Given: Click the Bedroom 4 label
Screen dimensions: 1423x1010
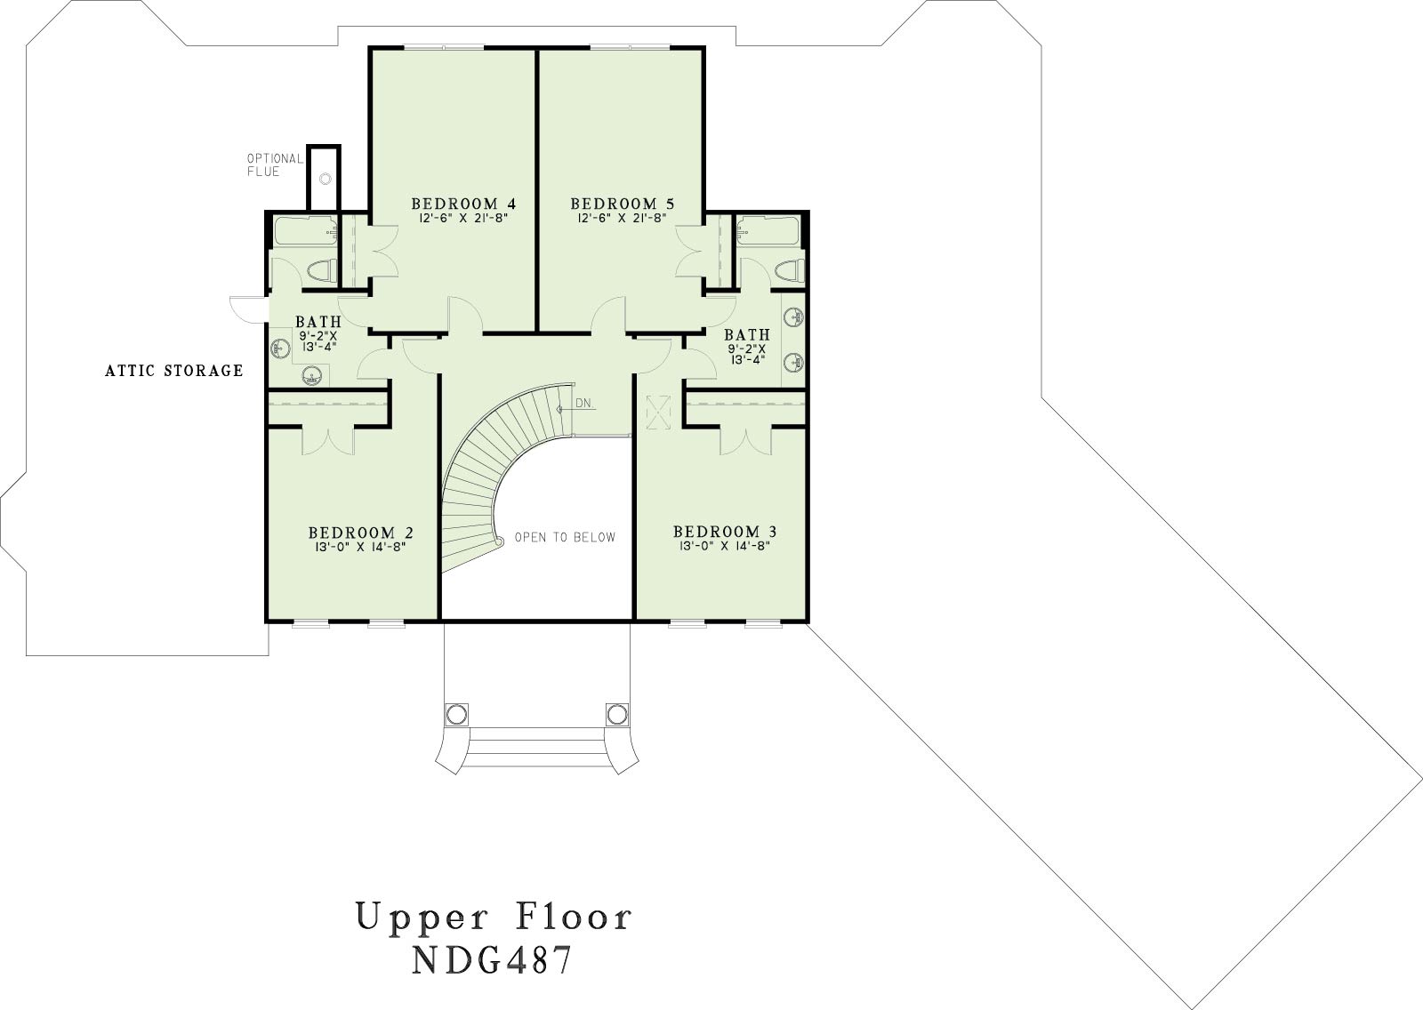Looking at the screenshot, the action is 463,204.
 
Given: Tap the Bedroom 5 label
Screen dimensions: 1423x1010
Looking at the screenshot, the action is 622,204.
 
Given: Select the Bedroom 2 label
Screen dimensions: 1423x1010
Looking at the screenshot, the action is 361,533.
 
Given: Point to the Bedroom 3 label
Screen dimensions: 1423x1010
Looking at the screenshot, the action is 725,531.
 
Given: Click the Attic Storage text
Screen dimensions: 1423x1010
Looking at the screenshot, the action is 174,371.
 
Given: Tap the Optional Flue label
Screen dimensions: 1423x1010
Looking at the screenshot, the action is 275,164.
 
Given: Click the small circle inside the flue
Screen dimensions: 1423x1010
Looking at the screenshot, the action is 326,179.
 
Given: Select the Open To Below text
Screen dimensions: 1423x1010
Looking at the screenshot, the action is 565,537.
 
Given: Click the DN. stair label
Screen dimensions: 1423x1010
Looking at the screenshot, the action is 584,404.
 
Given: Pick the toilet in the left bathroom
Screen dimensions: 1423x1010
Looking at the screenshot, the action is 321,270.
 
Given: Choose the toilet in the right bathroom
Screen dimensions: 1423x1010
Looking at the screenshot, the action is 789,271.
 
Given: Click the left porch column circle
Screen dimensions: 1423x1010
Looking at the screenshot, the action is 456,715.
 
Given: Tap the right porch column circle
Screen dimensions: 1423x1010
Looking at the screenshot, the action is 616,715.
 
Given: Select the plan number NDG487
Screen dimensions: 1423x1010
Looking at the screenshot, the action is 493,959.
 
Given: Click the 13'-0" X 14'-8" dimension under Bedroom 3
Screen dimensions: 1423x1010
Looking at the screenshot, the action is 725,546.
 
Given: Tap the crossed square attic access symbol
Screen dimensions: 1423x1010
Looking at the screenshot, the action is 658,413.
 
